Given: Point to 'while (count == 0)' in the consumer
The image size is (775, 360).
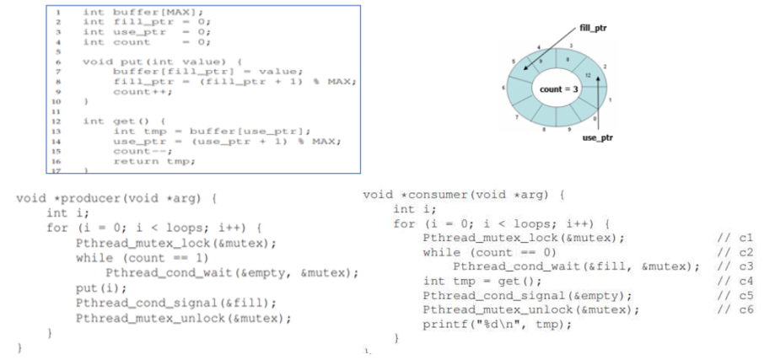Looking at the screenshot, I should [478, 252].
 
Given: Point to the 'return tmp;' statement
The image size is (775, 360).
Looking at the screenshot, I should [148, 161].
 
